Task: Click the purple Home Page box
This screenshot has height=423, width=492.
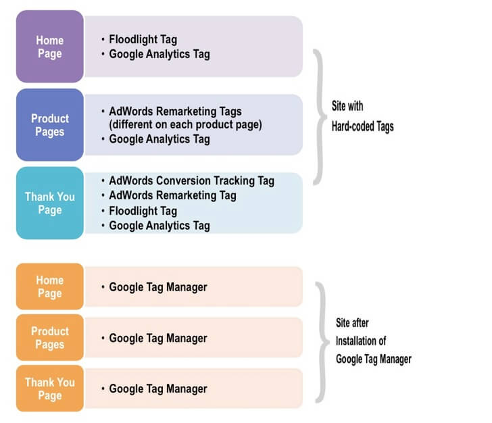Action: [49, 47]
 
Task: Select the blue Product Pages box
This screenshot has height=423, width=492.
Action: [49, 125]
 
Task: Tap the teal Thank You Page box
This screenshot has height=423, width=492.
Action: [49, 203]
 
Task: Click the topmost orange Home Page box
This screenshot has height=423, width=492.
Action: [49, 287]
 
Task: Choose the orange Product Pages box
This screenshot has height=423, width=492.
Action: [49, 337]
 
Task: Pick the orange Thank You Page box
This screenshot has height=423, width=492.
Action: [49, 389]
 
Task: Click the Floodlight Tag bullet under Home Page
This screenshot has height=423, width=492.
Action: [143, 40]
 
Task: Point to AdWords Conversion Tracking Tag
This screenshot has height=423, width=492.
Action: [191, 180]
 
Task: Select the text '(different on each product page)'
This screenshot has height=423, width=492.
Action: [185, 125]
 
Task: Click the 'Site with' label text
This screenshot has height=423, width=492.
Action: [347, 106]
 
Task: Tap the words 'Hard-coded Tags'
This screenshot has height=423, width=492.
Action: [362, 126]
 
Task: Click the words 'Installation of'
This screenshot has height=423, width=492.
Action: [361, 341]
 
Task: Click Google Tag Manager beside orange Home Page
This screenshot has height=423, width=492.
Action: [157, 287]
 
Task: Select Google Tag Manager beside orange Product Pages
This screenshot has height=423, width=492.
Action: [157, 338]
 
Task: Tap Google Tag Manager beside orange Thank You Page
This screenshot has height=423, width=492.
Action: [157, 389]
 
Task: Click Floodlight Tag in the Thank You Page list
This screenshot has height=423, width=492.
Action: [143, 211]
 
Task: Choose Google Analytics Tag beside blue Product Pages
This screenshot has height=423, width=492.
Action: [159, 139]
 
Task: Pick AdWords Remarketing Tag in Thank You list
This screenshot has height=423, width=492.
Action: [172, 195]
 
